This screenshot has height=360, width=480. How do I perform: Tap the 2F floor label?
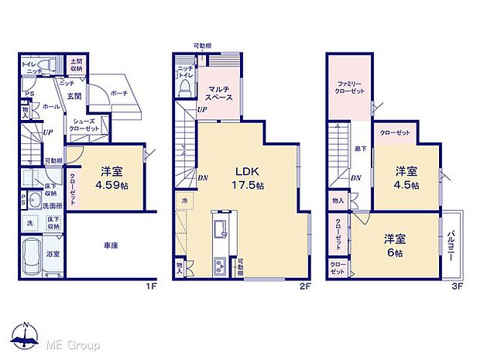click(x=305, y=286)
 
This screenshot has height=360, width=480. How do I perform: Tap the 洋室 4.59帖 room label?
click(x=111, y=179)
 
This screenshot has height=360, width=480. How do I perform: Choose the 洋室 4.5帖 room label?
click(x=406, y=179)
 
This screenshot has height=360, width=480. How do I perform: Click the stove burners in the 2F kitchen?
click(x=218, y=267)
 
